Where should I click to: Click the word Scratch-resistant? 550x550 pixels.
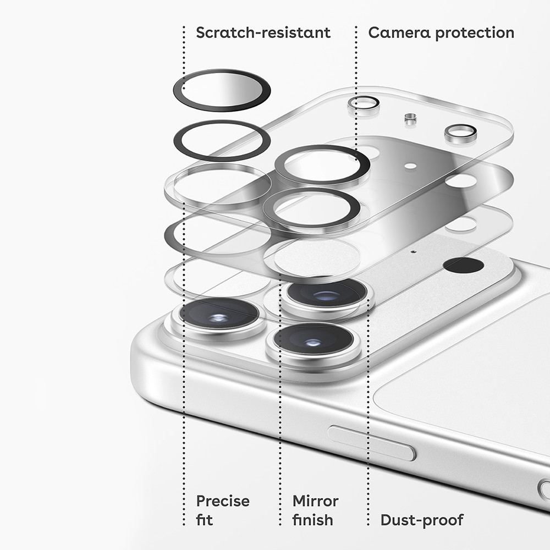point(263,32)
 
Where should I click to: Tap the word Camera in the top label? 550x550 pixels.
point(399,32)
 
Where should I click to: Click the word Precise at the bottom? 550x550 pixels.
point(223,501)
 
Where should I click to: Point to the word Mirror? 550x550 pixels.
point(315,501)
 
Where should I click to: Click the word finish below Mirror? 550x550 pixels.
point(312,520)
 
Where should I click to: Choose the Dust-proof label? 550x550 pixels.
point(422,520)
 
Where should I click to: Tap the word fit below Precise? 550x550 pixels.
point(205,520)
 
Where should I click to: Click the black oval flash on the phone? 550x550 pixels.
point(463,265)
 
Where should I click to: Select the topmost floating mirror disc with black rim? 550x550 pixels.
point(222,90)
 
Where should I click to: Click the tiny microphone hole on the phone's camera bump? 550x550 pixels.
point(414,251)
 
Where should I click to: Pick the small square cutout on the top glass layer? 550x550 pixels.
point(410,119)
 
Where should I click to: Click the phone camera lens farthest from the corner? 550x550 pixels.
point(327,295)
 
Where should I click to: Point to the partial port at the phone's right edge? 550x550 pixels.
point(544,490)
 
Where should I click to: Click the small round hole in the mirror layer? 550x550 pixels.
point(410,166)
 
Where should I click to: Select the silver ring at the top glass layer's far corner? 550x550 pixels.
point(363,104)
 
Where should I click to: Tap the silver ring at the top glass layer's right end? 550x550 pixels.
point(460,133)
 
